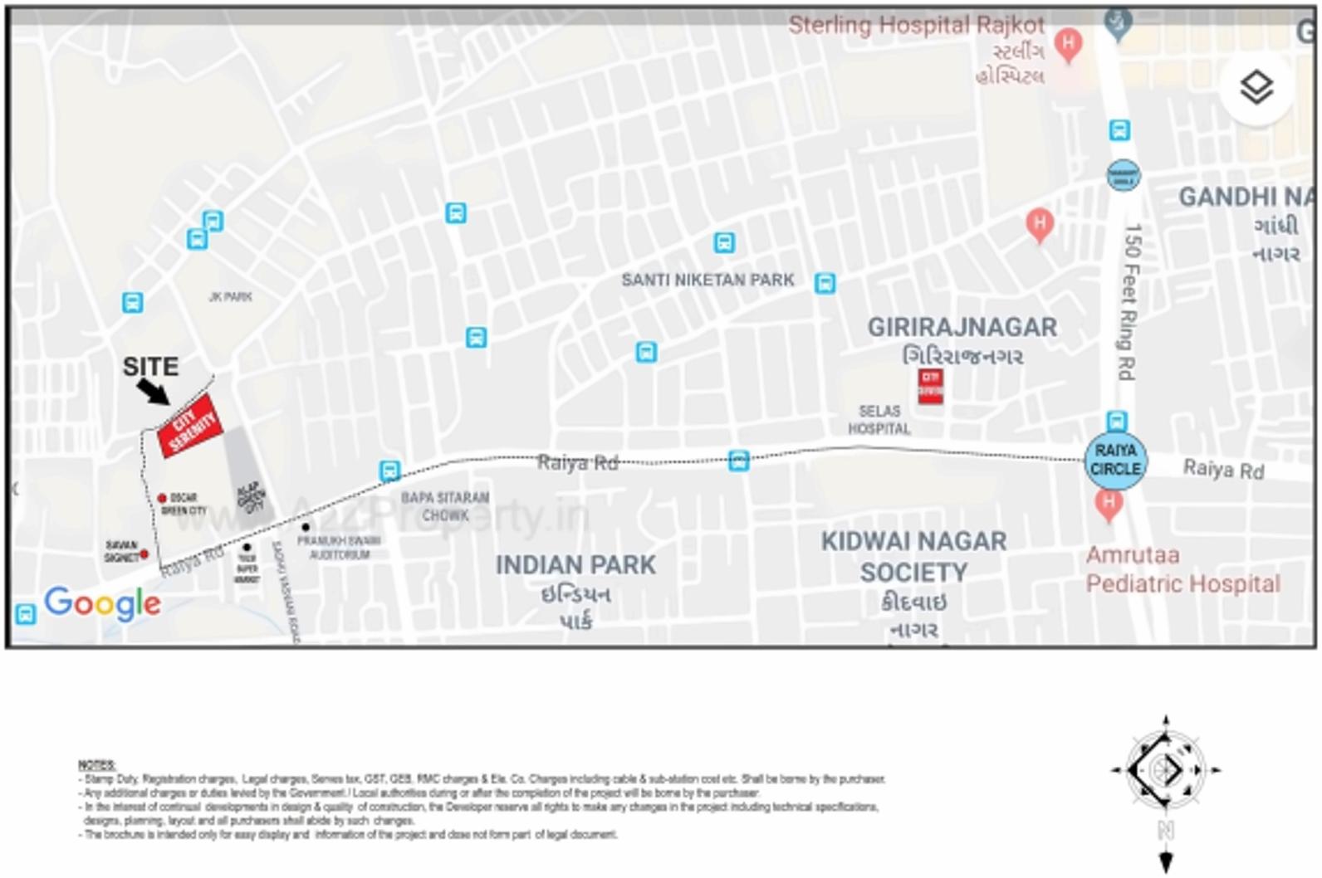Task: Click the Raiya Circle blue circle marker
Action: coord(1115,460)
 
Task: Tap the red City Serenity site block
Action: coord(192,426)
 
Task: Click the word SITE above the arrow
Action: coord(150,367)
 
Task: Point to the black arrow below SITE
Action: coord(153,391)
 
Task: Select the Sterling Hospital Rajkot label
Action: coord(916,25)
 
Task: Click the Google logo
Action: coord(102,603)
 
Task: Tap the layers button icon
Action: coord(1256,87)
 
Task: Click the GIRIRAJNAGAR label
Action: coord(962,328)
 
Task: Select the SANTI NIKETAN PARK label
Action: coord(708,280)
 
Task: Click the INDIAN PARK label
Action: coord(575,565)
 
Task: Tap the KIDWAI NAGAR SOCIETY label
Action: coord(913,557)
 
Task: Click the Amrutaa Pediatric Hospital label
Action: coord(1182,569)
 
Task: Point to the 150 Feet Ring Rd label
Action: coord(1131,302)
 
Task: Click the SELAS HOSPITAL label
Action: coord(879,420)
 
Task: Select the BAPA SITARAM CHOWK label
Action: coord(445,506)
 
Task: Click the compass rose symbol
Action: coord(1165,770)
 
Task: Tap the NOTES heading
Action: coord(97,764)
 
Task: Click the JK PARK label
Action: coord(230,296)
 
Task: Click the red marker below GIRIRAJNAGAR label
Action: coord(930,386)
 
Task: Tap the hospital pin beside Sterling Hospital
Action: coord(1068,44)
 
